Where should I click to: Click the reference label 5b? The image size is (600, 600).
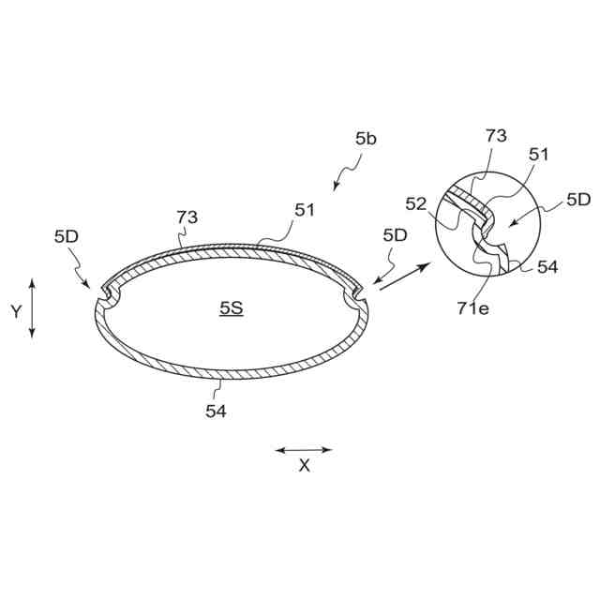coord(366,139)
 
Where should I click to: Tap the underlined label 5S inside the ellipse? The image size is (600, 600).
coord(232,307)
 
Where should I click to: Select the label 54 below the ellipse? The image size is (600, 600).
coord(217,410)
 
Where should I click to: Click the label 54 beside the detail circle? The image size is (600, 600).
coord(547,267)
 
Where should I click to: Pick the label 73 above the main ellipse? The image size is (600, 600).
coord(187,217)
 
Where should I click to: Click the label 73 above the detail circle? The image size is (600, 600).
coord(496,136)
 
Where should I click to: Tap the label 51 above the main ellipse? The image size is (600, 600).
coord(305,211)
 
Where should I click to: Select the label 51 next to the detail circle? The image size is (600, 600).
coord(539,155)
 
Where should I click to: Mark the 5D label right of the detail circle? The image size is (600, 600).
coord(578,200)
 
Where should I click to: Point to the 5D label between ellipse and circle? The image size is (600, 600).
coord(395,235)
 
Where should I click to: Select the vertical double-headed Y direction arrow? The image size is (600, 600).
coord(33,307)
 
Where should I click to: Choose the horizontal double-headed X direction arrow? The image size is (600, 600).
coord(304,450)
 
